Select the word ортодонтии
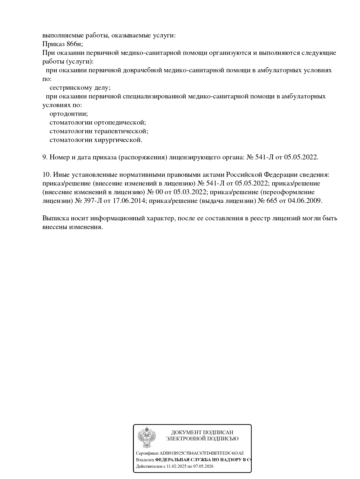coord(69,114)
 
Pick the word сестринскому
coord(69,88)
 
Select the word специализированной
coord(154,96)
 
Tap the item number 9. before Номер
coord(45,157)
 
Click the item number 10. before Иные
coord(47,175)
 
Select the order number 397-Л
coord(93,201)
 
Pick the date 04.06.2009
coord(305,201)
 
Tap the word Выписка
coord(54,218)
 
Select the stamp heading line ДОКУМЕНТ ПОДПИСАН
coord(202,433)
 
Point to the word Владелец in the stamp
coord(145,460)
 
